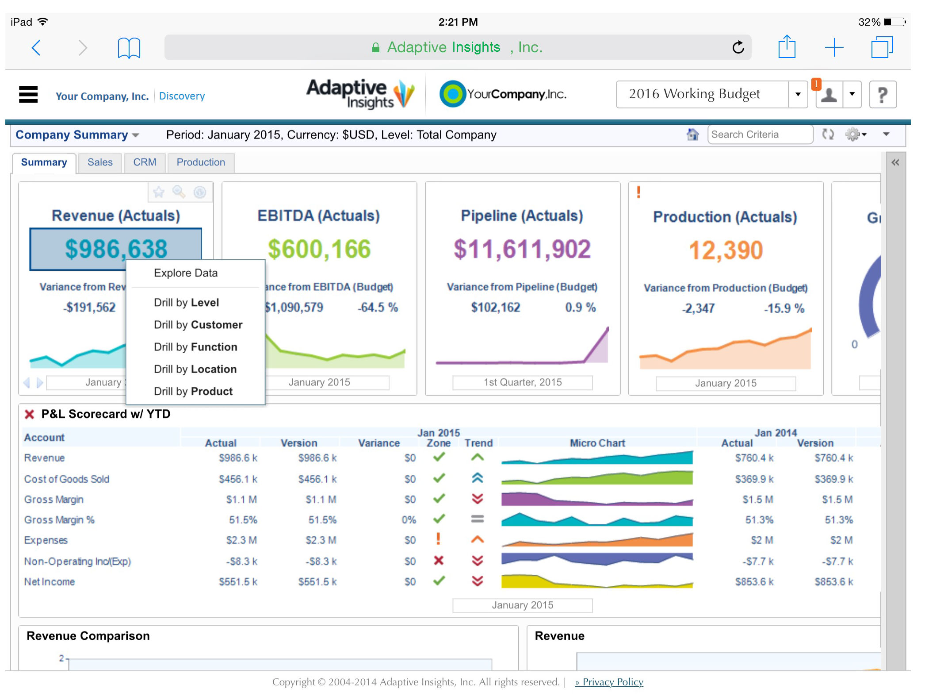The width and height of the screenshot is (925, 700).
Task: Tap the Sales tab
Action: pyautogui.click(x=100, y=162)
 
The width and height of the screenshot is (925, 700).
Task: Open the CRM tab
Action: pyautogui.click(x=145, y=162)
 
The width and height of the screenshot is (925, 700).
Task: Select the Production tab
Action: pyautogui.click(x=201, y=162)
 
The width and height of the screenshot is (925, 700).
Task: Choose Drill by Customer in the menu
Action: pyautogui.click(x=198, y=325)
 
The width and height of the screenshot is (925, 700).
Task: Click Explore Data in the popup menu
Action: pyautogui.click(x=186, y=273)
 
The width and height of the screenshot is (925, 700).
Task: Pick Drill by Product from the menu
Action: pyautogui.click(x=193, y=391)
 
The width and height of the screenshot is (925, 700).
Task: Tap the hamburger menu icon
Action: pyautogui.click(x=28, y=94)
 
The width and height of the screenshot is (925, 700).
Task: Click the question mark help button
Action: pyautogui.click(x=883, y=95)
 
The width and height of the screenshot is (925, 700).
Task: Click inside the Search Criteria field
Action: pyautogui.click(x=760, y=135)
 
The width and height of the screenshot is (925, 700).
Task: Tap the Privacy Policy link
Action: pyautogui.click(x=609, y=682)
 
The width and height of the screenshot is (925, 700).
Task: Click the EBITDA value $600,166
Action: pyautogui.click(x=319, y=249)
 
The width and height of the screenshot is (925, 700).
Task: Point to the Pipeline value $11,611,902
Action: pyautogui.click(x=522, y=249)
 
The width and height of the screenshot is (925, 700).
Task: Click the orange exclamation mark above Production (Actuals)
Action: pyautogui.click(x=638, y=192)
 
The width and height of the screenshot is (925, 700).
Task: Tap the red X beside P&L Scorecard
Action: pyautogui.click(x=30, y=414)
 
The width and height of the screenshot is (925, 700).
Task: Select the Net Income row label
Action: pyautogui.click(x=50, y=582)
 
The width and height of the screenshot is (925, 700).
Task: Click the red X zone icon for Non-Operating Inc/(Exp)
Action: pyautogui.click(x=439, y=561)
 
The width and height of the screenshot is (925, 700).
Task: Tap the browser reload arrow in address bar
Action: pyautogui.click(x=738, y=47)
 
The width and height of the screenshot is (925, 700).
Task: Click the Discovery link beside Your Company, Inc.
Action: pyautogui.click(x=182, y=96)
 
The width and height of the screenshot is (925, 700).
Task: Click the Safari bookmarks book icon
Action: pyautogui.click(x=129, y=48)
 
